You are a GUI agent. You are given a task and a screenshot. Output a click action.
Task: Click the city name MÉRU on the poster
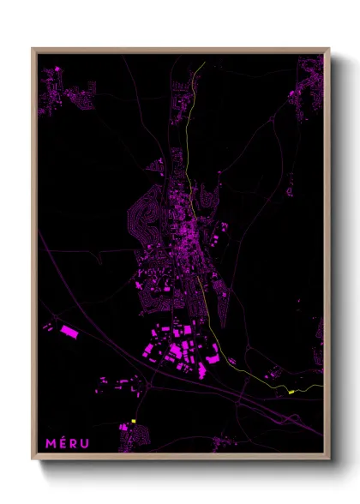tap(66, 442)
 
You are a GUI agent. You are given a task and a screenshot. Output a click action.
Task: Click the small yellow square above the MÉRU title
tap(134, 422)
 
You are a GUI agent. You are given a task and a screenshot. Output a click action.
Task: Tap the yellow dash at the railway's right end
tap(291, 392)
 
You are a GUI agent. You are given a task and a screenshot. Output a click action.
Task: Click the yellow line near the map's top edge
tap(200, 67)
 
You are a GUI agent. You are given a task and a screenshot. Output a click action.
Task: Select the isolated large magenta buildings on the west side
tap(66, 329)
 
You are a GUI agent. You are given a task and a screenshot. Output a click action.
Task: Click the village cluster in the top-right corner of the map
tap(307, 90)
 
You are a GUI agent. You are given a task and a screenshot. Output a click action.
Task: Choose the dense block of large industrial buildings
tap(180, 347)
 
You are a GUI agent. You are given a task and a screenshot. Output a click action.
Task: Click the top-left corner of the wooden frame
tap(33, 49)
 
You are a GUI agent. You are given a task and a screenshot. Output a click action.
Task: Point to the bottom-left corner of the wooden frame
tap(33, 459)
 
